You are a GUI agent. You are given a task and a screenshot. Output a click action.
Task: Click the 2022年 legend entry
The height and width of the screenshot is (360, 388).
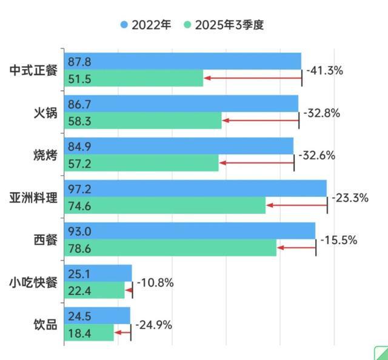(145, 25)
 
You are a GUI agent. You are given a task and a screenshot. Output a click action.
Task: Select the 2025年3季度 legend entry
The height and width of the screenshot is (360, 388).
(224, 25)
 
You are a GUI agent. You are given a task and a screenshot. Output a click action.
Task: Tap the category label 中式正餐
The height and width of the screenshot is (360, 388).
(33, 70)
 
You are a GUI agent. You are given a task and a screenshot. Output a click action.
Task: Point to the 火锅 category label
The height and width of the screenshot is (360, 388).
(45, 112)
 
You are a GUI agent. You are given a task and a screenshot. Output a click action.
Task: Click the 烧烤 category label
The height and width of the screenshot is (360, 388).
(45, 155)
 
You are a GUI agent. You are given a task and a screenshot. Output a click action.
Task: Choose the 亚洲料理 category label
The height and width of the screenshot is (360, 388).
(33, 197)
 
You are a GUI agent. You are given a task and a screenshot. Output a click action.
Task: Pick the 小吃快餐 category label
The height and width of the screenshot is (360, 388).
(33, 282)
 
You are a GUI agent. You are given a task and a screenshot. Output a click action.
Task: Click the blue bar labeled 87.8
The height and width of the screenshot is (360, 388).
(182, 61)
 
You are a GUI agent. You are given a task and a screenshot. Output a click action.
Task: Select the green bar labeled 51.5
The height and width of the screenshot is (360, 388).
(133, 78)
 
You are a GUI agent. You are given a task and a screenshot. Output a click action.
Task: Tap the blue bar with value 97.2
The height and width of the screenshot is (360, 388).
(194, 188)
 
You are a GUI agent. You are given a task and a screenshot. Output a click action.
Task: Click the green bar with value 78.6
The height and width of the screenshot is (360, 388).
(170, 248)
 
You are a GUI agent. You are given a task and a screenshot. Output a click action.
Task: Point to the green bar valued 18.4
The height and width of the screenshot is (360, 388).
(89, 332)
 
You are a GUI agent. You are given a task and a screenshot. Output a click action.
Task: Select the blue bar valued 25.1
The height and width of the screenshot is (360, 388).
(98, 273)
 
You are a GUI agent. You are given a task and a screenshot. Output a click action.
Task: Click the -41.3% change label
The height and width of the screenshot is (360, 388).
(324, 70)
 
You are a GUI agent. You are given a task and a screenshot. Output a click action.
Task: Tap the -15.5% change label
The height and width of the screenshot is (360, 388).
(338, 240)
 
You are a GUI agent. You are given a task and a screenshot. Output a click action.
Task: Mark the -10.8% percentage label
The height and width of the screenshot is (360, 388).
(155, 282)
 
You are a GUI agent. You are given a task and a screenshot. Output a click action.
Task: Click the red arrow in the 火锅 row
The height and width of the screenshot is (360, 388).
(260, 121)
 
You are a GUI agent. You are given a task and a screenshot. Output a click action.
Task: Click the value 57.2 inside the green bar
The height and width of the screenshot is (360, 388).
(79, 163)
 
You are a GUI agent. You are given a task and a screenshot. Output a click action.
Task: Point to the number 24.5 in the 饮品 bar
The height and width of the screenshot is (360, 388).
(79, 316)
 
